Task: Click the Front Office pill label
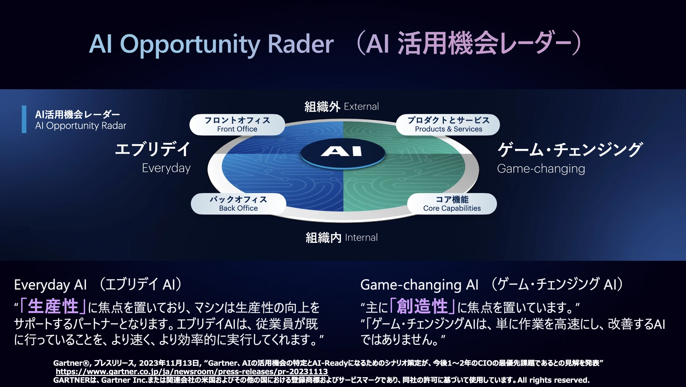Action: pyautogui.click(x=237, y=125)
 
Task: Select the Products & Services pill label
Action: pyautogui.click(x=448, y=125)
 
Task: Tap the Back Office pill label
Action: pyautogui.click(x=238, y=204)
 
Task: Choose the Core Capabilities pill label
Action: pyautogui.click(x=452, y=204)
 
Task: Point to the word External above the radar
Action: pyautogui.click(x=361, y=107)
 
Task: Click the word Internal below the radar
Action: pyautogui.click(x=361, y=238)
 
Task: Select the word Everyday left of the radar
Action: pyautogui.click(x=166, y=168)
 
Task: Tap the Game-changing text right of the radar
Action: pyautogui.click(x=541, y=169)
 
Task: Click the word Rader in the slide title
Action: pyautogui.click(x=300, y=44)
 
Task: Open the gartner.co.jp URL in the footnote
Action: pyautogui.click(x=192, y=372)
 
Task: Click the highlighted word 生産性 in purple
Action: pyautogui.click(x=53, y=307)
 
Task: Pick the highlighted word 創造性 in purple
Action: pyautogui.click(x=422, y=307)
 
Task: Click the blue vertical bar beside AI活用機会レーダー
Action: pyautogui.click(x=24, y=119)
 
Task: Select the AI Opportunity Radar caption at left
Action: pyautogui.click(x=80, y=126)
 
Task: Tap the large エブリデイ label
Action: pyautogui.click(x=153, y=149)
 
